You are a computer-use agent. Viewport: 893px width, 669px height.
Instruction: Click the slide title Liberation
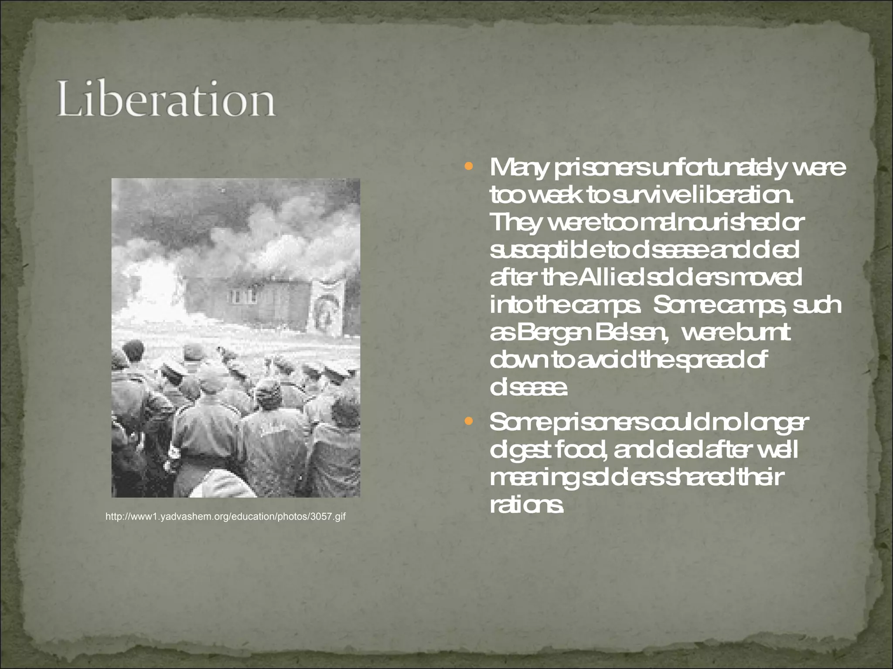tap(166, 99)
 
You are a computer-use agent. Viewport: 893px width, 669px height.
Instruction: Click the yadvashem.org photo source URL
tap(225, 517)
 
